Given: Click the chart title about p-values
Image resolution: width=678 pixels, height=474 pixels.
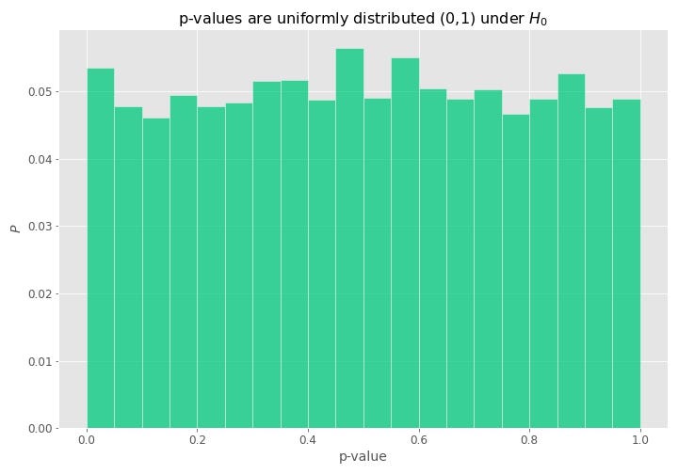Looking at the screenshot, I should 363,19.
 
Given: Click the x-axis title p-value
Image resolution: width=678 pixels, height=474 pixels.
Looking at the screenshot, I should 363,457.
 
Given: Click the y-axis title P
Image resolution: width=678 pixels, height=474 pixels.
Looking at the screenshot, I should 14,228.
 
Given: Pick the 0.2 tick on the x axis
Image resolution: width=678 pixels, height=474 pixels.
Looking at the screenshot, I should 198,439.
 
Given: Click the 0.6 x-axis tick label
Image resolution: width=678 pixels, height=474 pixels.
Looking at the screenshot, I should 419,439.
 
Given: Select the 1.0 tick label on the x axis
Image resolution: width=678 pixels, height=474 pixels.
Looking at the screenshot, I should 640,439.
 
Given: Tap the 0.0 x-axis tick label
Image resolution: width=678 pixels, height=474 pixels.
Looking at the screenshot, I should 87,439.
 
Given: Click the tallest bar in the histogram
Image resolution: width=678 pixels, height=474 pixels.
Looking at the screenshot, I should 349,235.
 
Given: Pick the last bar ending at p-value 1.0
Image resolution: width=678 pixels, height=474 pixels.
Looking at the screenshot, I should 626,263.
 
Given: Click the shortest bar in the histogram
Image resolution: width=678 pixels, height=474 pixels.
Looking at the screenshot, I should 156,273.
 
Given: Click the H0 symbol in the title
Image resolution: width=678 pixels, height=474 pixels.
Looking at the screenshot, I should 538,20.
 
